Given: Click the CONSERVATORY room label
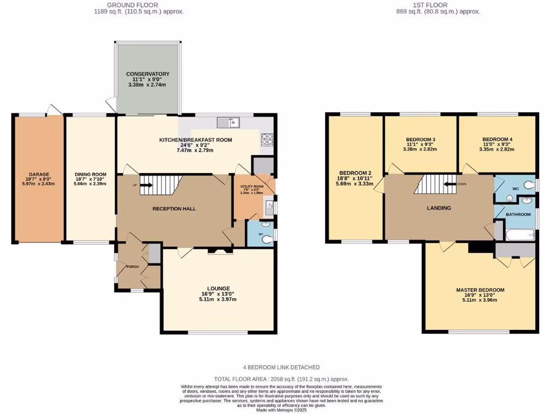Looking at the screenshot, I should pyautogui.click(x=148, y=74).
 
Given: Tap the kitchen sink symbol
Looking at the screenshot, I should pyautogui.click(x=229, y=122).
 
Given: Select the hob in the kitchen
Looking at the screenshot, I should pyautogui.click(x=267, y=140).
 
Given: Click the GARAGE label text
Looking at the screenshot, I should pyautogui.click(x=39, y=174).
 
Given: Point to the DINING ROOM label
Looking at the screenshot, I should pyautogui.click(x=90, y=174).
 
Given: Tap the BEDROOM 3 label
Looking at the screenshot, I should pyautogui.click(x=420, y=140).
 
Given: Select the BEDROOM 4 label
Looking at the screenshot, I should pyautogui.click(x=497, y=140).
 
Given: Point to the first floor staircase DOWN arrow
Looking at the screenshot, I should pyautogui.click(x=448, y=183).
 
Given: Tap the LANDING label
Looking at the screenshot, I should pyautogui.click(x=439, y=208).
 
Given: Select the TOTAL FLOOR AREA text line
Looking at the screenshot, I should pyautogui.click(x=281, y=379).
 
